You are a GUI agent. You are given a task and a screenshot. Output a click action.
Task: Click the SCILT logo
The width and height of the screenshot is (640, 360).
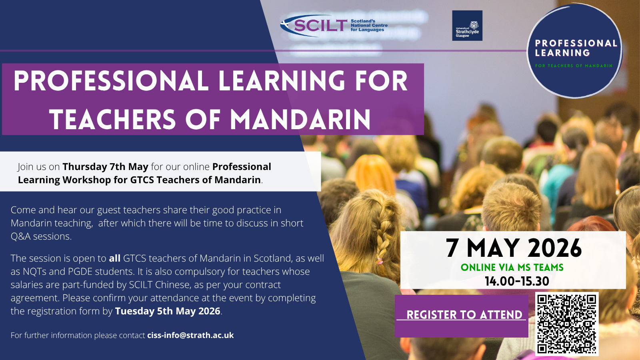(x=334, y=26)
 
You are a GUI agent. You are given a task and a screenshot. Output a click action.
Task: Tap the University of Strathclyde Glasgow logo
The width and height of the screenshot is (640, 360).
(x=467, y=26)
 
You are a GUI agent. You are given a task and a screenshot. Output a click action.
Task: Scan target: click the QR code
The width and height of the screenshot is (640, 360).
(x=566, y=324)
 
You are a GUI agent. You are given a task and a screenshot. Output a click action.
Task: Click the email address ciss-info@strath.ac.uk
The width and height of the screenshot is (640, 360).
(x=190, y=335)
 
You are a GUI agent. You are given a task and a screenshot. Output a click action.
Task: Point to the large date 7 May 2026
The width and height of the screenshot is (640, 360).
(x=514, y=248)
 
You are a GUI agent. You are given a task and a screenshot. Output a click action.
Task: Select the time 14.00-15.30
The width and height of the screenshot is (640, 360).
(x=517, y=282)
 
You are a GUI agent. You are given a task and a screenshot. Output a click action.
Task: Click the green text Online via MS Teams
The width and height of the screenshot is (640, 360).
(x=512, y=268)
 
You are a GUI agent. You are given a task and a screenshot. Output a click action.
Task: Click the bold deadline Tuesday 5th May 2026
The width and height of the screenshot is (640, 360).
(x=168, y=311)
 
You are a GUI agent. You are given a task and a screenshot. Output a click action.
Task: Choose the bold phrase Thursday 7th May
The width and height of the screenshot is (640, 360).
(x=106, y=166)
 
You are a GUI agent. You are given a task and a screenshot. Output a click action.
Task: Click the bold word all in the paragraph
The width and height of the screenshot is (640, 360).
(x=114, y=258)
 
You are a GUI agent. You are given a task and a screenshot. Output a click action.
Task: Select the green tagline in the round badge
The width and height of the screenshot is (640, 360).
(x=574, y=66)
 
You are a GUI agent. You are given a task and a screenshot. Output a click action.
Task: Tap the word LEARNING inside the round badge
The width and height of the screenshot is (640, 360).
(x=562, y=53)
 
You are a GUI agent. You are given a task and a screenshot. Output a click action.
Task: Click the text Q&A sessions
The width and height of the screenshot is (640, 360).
(x=41, y=236)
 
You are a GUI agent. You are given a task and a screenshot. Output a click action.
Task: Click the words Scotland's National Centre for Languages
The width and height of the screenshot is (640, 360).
(x=369, y=26)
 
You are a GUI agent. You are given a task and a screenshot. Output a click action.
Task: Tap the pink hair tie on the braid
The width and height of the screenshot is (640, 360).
(x=380, y=260)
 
